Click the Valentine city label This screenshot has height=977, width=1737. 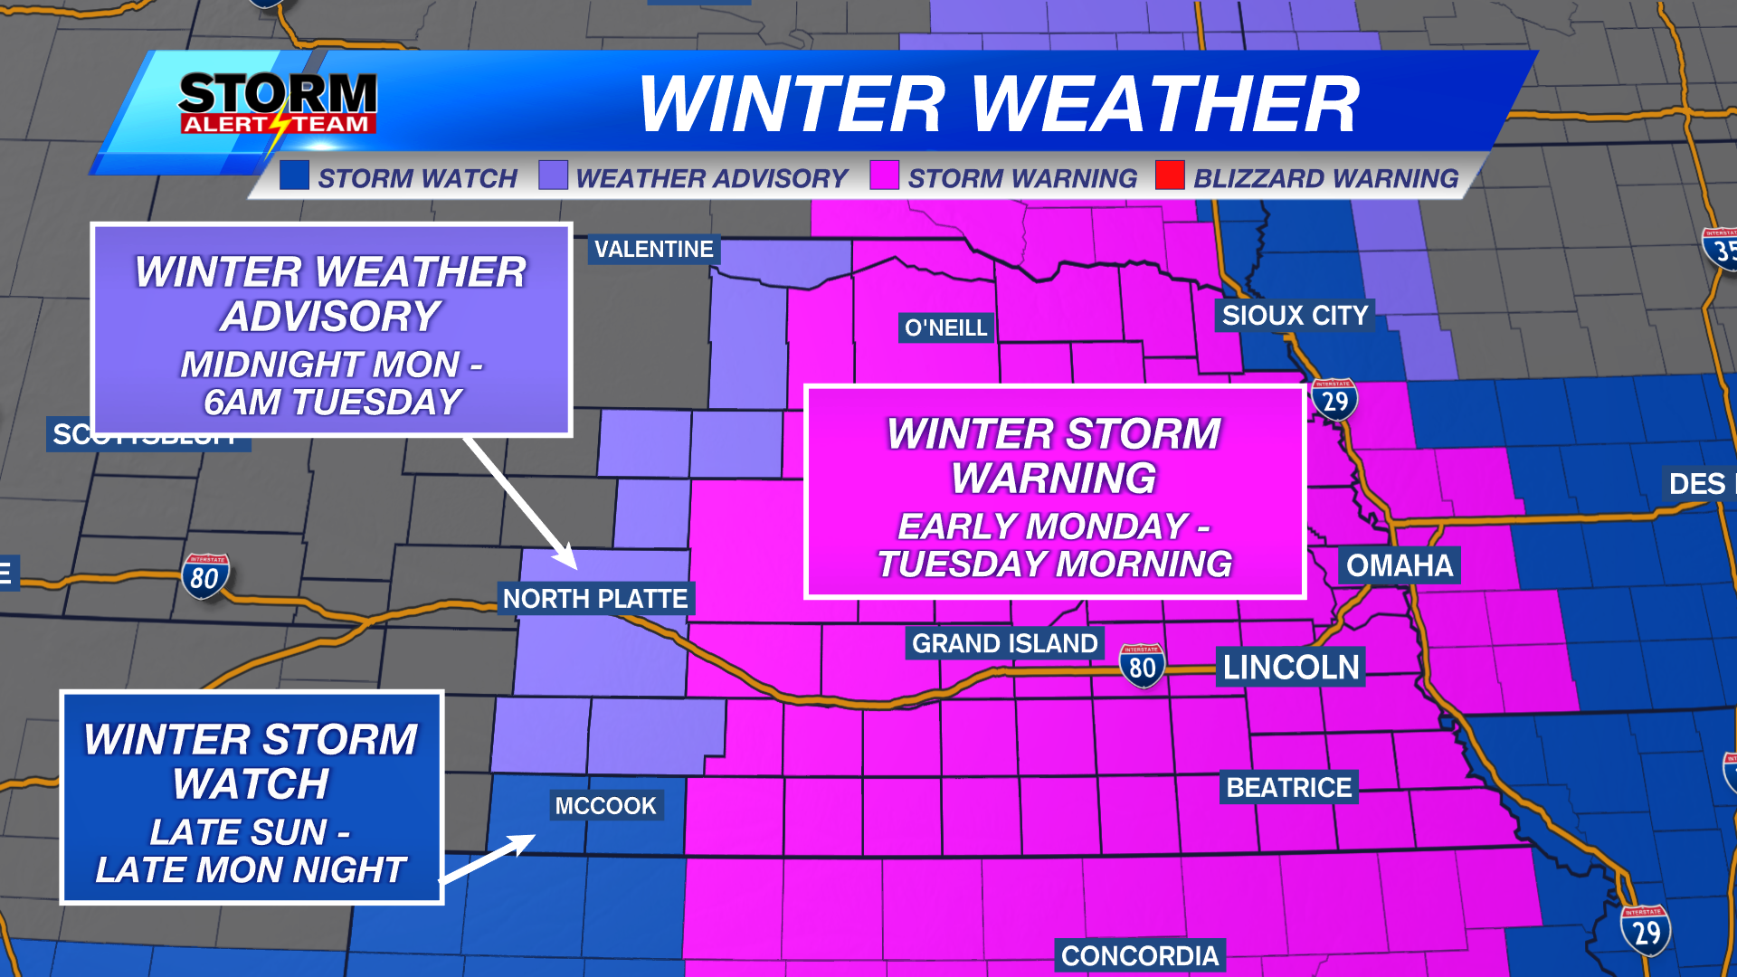click(x=653, y=250)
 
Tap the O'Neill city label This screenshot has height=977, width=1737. click(x=946, y=327)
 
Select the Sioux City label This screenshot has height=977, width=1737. click(x=1295, y=316)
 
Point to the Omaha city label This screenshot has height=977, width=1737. click(x=1399, y=565)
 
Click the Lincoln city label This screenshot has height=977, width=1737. click(x=1291, y=668)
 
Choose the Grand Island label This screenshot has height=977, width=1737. click(x=1004, y=643)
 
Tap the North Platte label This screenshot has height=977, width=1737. click(x=595, y=599)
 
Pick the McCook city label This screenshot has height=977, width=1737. click(x=605, y=805)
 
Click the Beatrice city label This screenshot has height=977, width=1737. click(x=1288, y=787)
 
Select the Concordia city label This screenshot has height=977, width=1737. click(x=1140, y=956)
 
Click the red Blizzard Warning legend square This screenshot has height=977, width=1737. click(x=1170, y=175)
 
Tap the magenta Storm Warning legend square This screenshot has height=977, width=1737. click(x=884, y=175)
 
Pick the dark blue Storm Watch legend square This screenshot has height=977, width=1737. click(x=295, y=175)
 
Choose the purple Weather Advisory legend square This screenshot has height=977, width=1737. click(x=553, y=175)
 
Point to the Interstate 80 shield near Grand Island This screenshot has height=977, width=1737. click(x=1142, y=666)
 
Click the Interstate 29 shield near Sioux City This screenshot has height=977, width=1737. click(x=1334, y=400)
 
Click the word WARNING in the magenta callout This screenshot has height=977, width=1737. click(x=1054, y=478)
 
